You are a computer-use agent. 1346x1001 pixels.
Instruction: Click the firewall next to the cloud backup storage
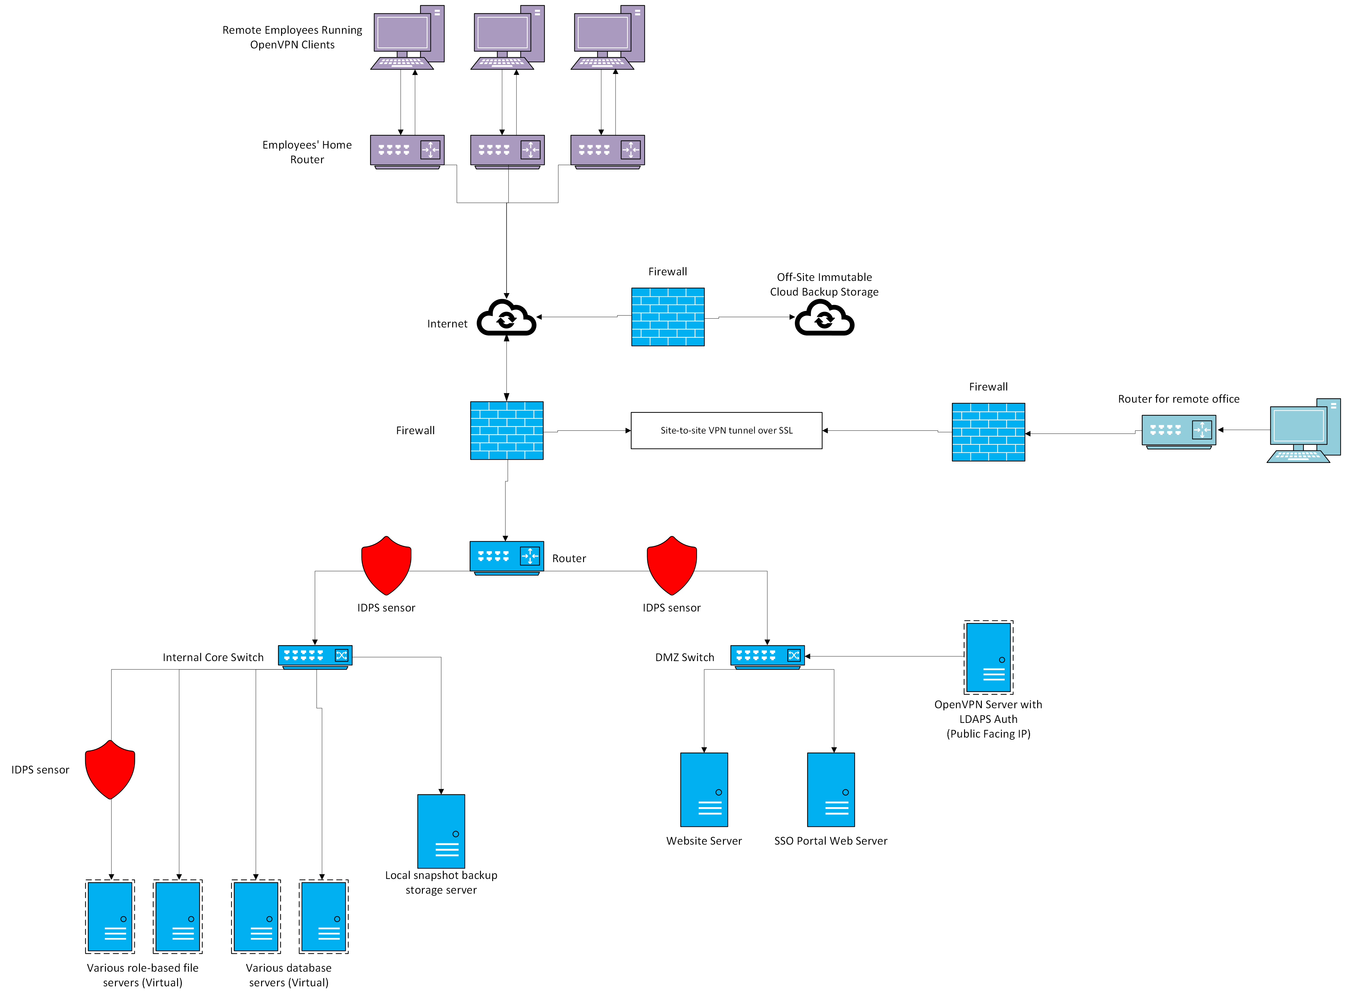point(668,317)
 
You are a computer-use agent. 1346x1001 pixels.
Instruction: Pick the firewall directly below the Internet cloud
point(506,430)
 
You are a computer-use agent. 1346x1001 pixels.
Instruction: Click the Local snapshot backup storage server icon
point(441,831)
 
